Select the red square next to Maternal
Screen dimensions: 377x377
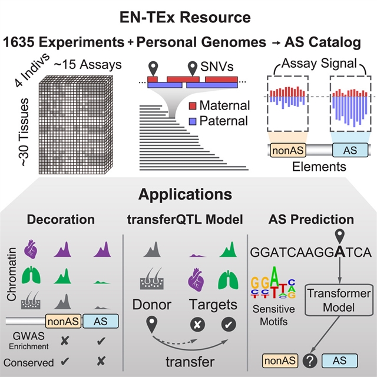pyautogui.click(x=193, y=106)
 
